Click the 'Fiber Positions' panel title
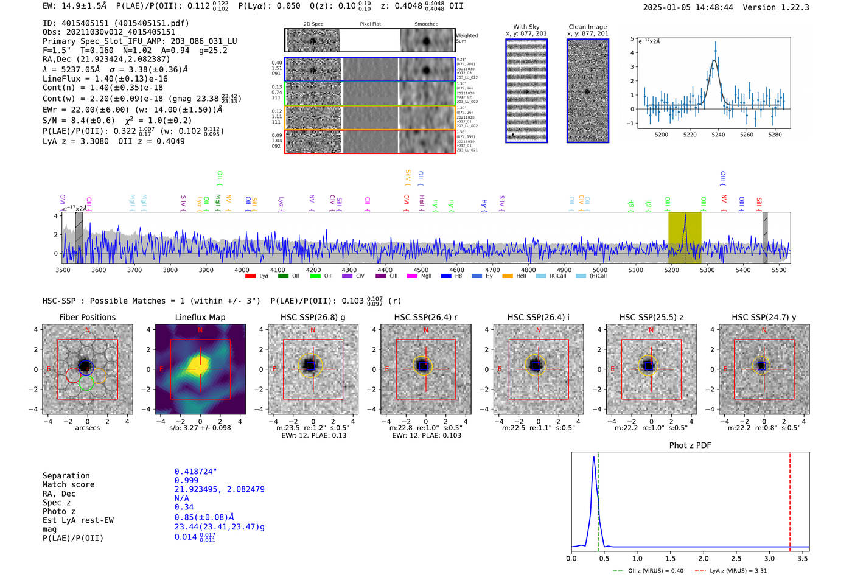87,317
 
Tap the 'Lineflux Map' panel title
200,317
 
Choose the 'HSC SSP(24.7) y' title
764,317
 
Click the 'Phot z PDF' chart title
690,445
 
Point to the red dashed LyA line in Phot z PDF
790,499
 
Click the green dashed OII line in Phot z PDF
598,499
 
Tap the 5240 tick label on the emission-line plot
718,135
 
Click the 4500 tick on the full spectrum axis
421,270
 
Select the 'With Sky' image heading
526,27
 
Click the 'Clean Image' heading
587,27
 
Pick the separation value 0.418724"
195,472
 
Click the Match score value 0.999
186,481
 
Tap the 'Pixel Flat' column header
370,24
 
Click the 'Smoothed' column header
426,24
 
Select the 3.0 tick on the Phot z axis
769,558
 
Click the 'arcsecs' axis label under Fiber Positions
87,428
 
